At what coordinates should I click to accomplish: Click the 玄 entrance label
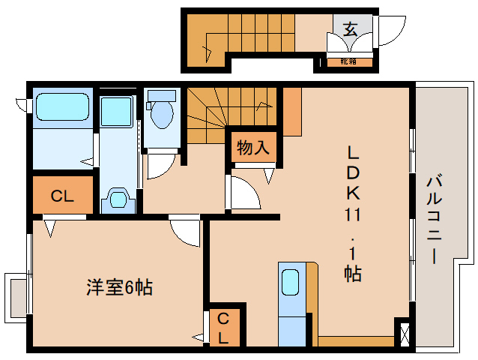pyautogui.click(x=350, y=29)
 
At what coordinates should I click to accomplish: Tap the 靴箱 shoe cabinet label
pyautogui.click(x=348, y=61)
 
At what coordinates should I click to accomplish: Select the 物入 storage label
pyautogui.click(x=252, y=148)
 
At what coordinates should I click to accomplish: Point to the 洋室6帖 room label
pyautogui.click(x=119, y=286)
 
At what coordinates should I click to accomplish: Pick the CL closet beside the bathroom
pyautogui.click(x=62, y=196)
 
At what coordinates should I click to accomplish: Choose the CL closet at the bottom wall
pyautogui.click(x=224, y=327)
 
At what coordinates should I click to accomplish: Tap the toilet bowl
pyautogui.click(x=160, y=112)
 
